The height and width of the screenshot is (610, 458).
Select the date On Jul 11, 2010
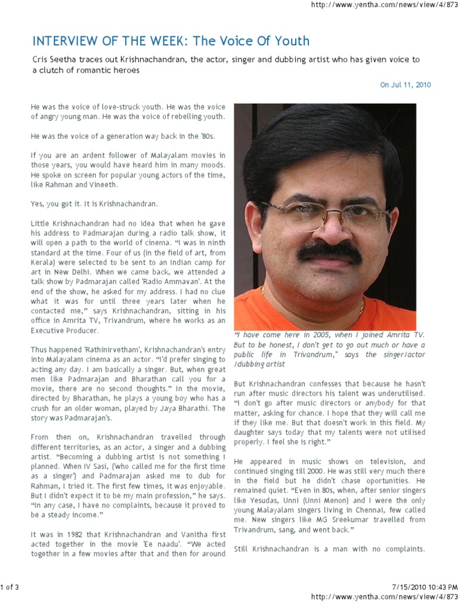(406, 85)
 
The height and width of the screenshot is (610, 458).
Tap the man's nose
(325, 229)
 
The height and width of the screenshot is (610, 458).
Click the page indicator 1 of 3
(10, 587)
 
